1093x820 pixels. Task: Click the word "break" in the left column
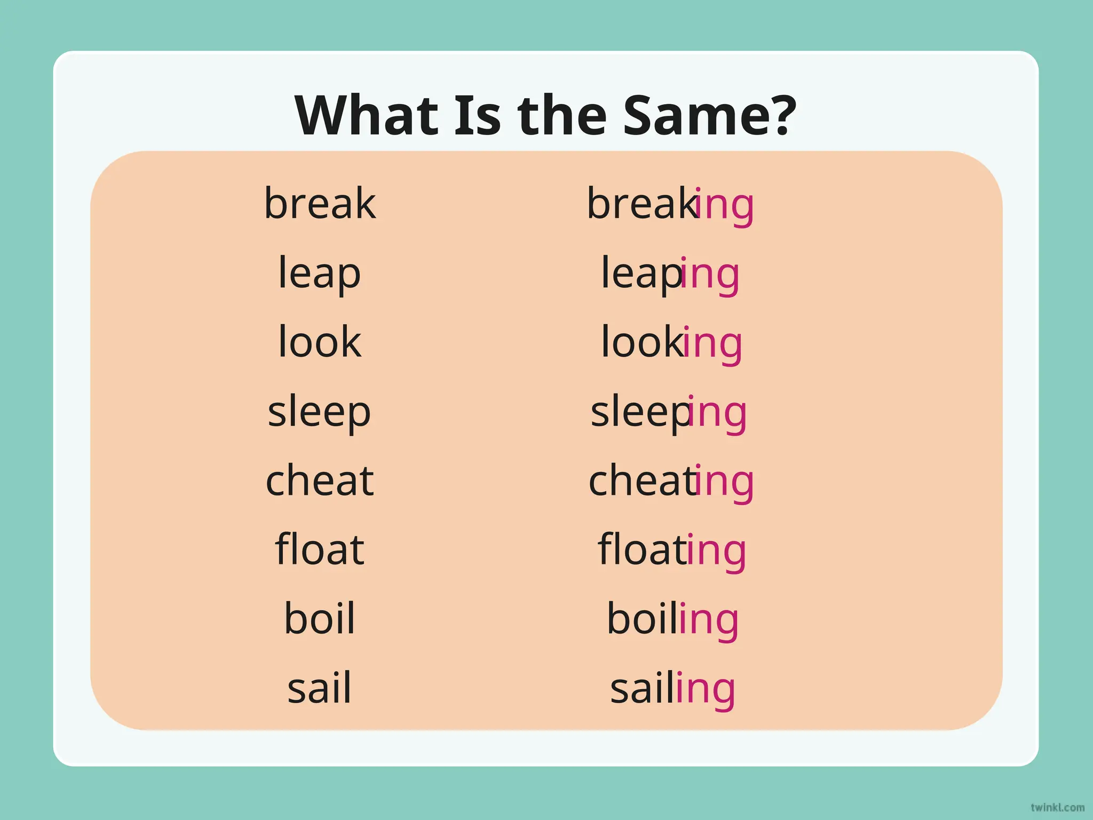pos(320,203)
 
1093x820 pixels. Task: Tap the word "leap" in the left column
pos(319,273)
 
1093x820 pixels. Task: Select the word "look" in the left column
pos(320,342)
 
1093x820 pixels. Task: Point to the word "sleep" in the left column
pos(319,412)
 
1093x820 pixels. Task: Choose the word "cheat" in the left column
pos(320,480)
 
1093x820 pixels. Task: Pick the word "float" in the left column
pos(320,549)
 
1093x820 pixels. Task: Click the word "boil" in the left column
pos(320,619)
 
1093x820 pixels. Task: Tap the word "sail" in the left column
pos(320,688)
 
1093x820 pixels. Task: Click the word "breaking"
pos(670,204)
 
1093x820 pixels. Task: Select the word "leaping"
pos(670,273)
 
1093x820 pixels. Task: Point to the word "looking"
pos(671,342)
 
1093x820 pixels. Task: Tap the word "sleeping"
pos(669,412)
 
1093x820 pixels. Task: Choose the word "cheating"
pos(671,481)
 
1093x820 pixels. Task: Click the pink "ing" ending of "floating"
pos(716,550)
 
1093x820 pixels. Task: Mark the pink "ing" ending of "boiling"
pos(709,620)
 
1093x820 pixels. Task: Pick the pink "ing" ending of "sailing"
pos(706,689)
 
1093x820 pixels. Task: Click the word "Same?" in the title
pos(709,115)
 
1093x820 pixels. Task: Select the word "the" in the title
pos(562,115)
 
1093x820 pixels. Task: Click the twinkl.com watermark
pos(1057,808)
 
